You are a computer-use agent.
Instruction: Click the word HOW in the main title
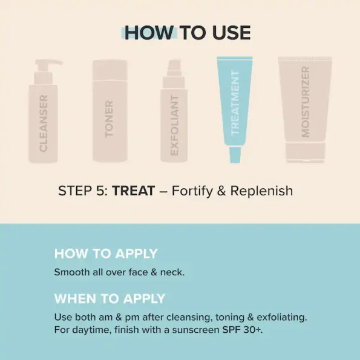[x=149, y=33]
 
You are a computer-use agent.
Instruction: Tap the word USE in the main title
[x=231, y=33]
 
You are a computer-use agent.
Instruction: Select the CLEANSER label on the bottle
[x=44, y=123]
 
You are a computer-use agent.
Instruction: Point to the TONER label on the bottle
[x=109, y=119]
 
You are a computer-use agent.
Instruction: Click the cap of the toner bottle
[x=110, y=71]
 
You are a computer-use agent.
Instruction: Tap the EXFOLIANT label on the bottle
[x=174, y=125]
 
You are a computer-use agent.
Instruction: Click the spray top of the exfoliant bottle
[x=174, y=68]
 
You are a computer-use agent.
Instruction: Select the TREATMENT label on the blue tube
[x=235, y=103]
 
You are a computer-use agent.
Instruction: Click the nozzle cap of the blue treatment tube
[x=235, y=155]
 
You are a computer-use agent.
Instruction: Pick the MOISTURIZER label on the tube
[x=306, y=102]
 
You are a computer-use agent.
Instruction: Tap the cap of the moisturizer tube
[x=306, y=152]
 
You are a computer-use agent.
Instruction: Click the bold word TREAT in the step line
[x=133, y=191]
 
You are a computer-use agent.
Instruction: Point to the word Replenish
[x=261, y=191]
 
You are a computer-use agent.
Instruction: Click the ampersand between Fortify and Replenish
[x=221, y=191]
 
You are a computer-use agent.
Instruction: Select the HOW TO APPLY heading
[x=106, y=254]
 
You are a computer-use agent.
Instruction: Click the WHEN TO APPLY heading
[x=110, y=299]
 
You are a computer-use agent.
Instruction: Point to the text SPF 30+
[x=243, y=330]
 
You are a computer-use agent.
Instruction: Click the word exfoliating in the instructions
[x=282, y=318]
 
